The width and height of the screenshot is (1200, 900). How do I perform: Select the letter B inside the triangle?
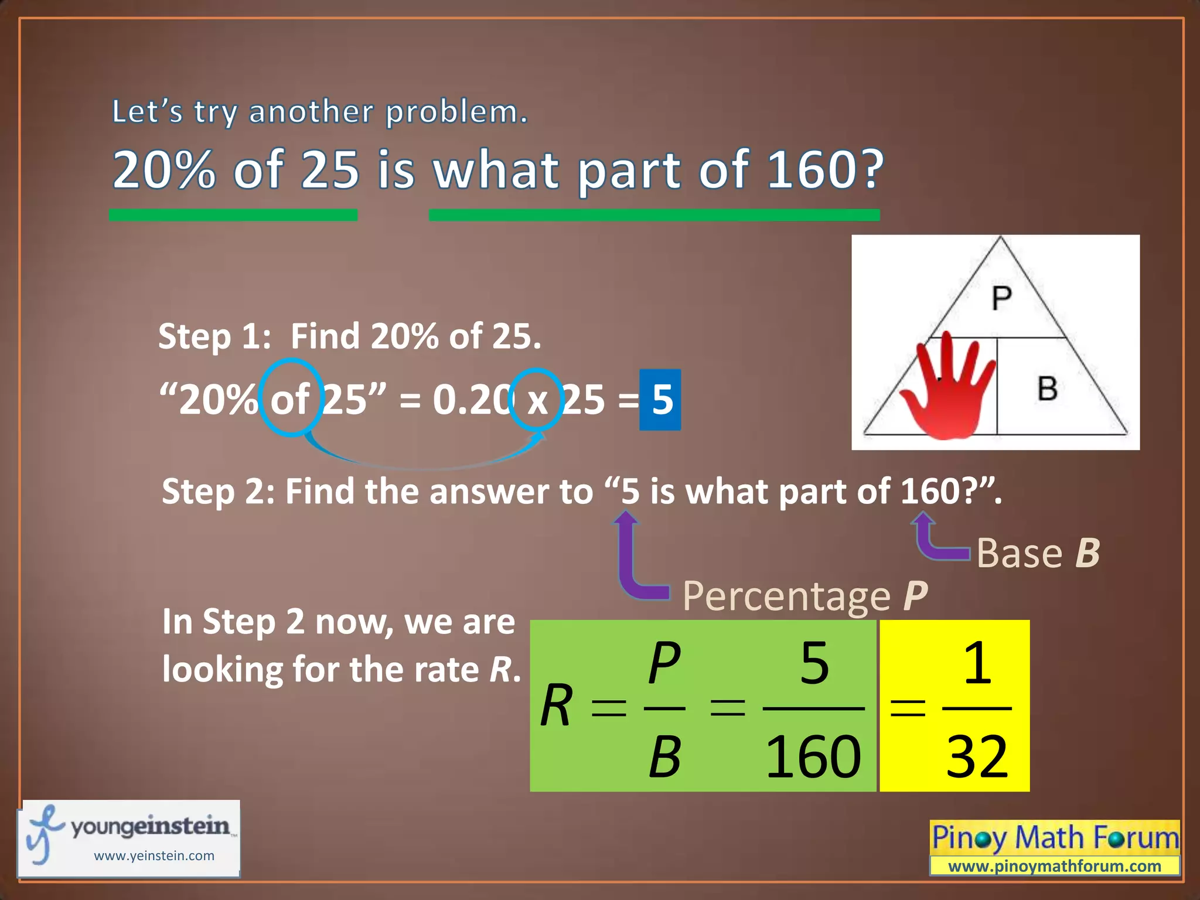pyautogui.click(x=1048, y=388)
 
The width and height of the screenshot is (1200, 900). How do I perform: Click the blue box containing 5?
pyautogui.click(x=660, y=400)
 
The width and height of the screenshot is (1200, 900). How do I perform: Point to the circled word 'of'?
pyautogui.click(x=291, y=399)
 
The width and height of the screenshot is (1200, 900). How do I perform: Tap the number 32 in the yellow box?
pyautogui.click(x=977, y=757)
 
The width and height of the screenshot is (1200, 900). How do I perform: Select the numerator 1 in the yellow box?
pyautogui.click(x=977, y=663)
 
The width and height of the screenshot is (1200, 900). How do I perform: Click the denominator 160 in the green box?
pyautogui.click(x=813, y=757)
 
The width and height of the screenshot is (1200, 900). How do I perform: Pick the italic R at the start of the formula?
pyautogui.click(x=555, y=706)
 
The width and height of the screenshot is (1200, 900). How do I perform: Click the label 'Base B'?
pyautogui.click(x=1038, y=553)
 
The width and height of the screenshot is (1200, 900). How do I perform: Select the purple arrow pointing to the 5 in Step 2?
pyautogui.click(x=634, y=562)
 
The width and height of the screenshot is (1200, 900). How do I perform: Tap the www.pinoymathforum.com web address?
pyautogui.click(x=1054, y=866)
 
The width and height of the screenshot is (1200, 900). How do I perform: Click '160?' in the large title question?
pyautogui.click(x=825, y=169)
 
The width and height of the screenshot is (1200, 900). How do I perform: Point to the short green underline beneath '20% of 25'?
pyautogui.click(x=233, y=215)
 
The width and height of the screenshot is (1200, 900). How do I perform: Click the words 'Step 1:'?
pyautogui.click(x=214, y=337)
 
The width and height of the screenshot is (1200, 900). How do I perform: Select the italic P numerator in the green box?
pyautogui.click(x=664, y=663)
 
